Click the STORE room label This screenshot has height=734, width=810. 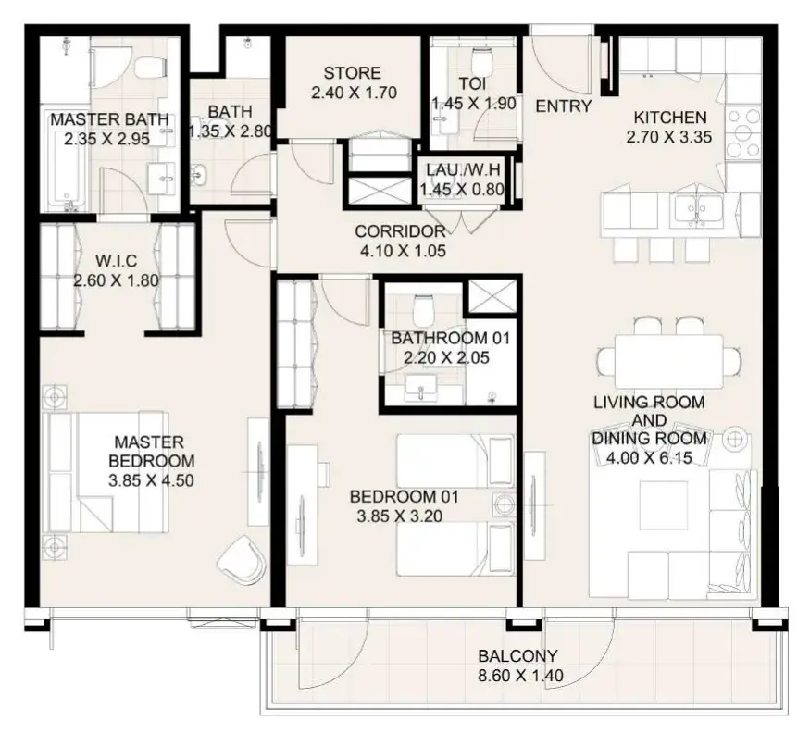coord(353,73)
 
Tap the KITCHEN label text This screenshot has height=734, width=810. coord(670,118)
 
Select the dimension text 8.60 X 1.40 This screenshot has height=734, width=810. coord(520,675)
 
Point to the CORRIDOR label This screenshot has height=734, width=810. coord(400,231)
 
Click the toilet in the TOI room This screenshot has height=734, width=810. coord(481,61)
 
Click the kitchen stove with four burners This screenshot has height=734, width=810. coord(743,132)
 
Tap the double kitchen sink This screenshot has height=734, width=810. coord(697,211)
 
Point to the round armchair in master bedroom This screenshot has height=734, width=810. coord(241,559)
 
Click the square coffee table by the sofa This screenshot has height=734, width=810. coord(664,505)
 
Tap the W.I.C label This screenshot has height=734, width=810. coord(117,261)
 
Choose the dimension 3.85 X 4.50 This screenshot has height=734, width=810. coord(151,480)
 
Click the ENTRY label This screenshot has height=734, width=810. coord(564,106)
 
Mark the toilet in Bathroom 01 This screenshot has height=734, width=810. coord(423,308)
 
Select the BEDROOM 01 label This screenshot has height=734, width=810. coord(404,496)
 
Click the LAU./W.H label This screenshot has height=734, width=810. coord(463,169)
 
